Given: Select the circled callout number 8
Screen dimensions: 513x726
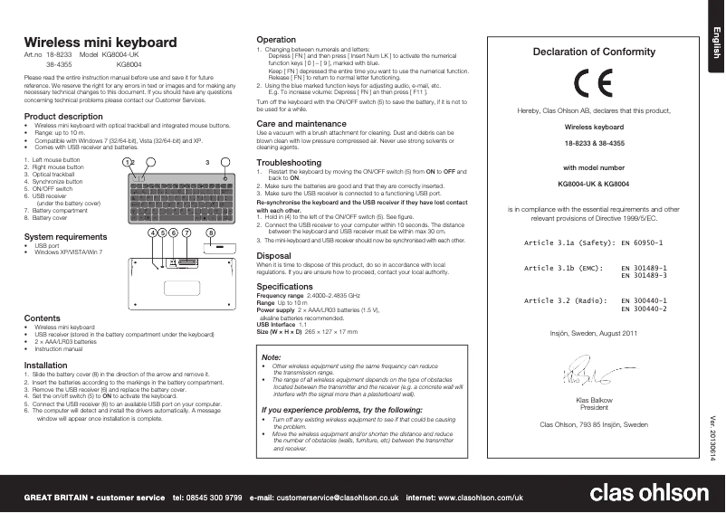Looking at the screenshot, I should [x=211, y=232].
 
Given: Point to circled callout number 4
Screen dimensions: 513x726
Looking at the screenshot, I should [x=152, y=232].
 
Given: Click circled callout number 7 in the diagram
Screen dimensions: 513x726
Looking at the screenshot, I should [x=186, y=232].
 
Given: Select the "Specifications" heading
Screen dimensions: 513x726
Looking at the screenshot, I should [x=285, y=286].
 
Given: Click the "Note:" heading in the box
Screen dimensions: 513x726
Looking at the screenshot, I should [x=270, y=358].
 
